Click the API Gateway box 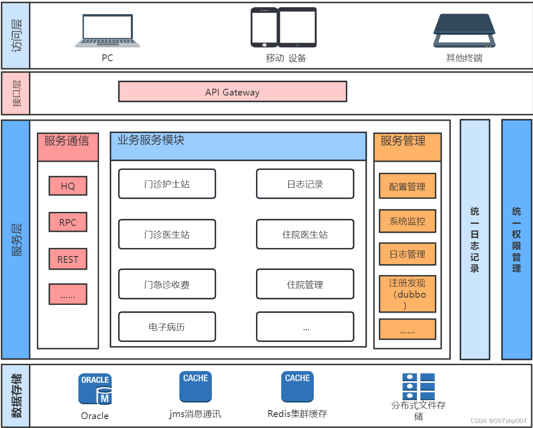tap(232, 92)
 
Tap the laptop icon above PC tap(107, 31)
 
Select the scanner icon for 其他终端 tap(464, 31)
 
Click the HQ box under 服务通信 tap(68, 186)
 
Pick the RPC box tap(68, 222)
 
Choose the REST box tap(68, 259)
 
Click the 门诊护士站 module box tap(167, 184)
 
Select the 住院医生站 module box tap(305, 234)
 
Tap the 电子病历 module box tap(167, 327)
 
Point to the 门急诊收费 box tap(167, 284)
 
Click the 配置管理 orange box tap(407, 186)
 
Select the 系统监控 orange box tap(407, 221)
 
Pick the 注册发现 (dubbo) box tap(407, 294)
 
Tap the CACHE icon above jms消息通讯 tap(195, 386)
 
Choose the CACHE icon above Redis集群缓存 tap(297, 386)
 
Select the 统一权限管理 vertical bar tap(516, 239)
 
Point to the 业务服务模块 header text tap(151, 140)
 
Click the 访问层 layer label tap(16, 36)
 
